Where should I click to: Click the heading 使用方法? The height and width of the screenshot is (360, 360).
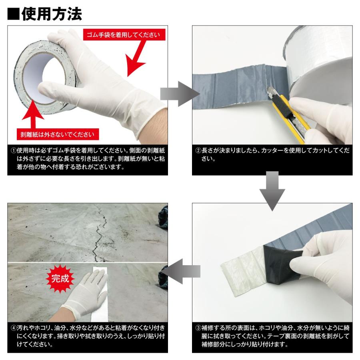(x=52, y=14)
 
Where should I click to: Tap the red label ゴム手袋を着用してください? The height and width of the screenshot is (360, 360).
(x=124, y=35)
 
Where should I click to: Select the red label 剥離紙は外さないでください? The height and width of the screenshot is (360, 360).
(x=58, y=134)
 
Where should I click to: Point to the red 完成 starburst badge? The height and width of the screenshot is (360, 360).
(x=60, y=278)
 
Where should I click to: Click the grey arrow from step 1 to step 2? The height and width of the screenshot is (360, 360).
(x=180, y=94)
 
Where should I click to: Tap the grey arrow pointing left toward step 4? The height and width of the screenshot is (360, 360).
(x=180, y=271)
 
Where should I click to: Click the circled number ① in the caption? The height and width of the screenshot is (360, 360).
(x=14, y=151)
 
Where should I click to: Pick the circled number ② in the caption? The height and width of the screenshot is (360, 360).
(x=198, y=151)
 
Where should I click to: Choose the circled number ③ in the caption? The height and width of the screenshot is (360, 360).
(x=198, y=328)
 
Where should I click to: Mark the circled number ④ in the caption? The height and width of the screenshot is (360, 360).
(x=14, y=328)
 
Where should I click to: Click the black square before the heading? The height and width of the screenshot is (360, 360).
(x=14, y=14)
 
